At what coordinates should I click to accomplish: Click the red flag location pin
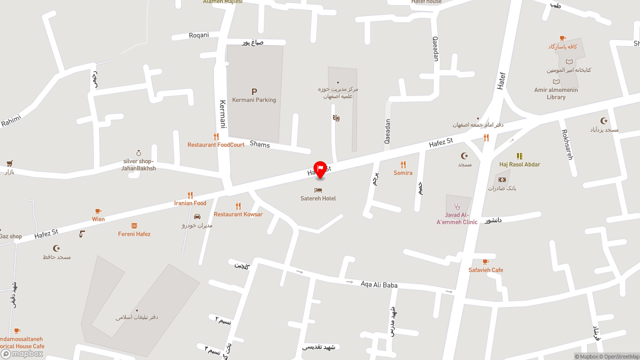click(320, 169)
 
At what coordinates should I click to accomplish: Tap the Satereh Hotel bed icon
click(318, 190)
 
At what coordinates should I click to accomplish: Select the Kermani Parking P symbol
click(254, 91)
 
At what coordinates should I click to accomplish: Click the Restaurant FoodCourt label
click(216, 145)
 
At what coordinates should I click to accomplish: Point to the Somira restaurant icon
click(403, 164)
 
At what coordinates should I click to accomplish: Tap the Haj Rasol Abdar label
click(519, 164)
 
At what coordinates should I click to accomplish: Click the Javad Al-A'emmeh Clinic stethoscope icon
click(456, 206)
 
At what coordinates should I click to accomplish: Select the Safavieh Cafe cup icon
click(485, 262)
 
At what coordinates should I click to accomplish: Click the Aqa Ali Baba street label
click(379, 285)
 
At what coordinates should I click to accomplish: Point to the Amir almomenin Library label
click(556, 93)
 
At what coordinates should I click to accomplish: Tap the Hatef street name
click(501, 81)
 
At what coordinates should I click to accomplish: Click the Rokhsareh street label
click(567, 144)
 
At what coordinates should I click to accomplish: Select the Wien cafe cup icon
click(98, 211)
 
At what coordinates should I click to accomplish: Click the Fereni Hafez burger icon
click(134, 226)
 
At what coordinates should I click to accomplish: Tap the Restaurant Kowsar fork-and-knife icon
click(238, 206)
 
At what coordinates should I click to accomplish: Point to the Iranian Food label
click(190, 203)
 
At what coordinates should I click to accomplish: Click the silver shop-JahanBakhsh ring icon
click(138, 153)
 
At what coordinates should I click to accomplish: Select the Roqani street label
click(198, 35)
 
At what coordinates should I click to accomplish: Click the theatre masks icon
click(336, 118)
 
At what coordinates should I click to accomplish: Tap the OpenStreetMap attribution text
click(621, 356)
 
